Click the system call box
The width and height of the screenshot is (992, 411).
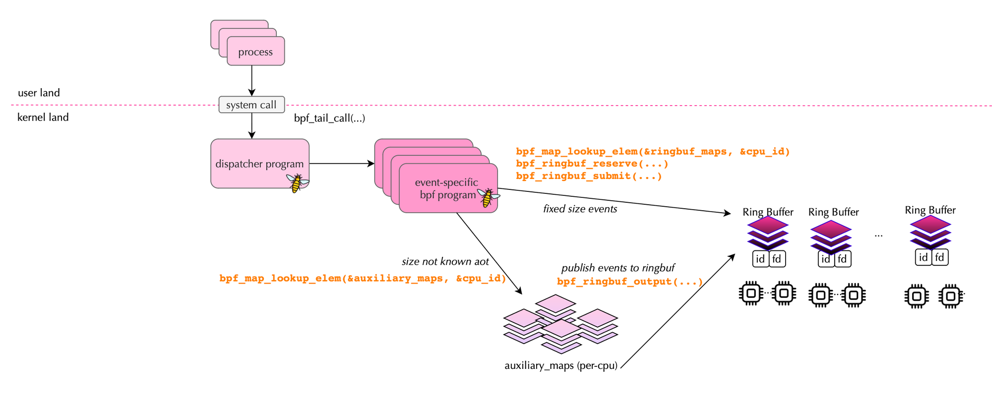[x=251, y=105]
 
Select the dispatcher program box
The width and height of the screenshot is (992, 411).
[x=259, y=164]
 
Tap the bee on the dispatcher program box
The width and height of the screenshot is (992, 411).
[x=297, y=183]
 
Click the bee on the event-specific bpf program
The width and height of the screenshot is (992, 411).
[x=488, y=197]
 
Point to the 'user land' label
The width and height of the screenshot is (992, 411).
[x=39, y=93]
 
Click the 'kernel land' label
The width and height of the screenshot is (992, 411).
[x=43, y=117]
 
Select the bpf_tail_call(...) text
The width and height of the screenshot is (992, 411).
[x=329, y=118]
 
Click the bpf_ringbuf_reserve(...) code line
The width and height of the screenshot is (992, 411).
[x=592, y=164]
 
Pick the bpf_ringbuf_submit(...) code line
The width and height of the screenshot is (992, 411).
[x=589, y=176]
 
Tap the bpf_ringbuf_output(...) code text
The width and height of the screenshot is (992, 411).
[x=629, y=282]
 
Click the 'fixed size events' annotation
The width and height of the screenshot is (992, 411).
[x=580, y=209]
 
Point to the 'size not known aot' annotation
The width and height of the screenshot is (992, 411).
[x=445, y=262]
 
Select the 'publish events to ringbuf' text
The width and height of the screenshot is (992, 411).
[x=618, y=268]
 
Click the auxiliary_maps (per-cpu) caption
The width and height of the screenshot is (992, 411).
[x=560, y=366]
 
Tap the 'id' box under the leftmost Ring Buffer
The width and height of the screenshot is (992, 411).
[x=760, y=259]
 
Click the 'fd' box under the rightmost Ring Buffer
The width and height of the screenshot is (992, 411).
[x=939, y=257]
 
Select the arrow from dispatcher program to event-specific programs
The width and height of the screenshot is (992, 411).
[x=341, y=163]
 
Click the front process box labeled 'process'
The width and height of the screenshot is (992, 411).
[x=255, y=52]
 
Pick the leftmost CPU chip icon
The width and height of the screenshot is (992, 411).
[x=751, y=294]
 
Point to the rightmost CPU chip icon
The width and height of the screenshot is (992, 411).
[x=950, y=296]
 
